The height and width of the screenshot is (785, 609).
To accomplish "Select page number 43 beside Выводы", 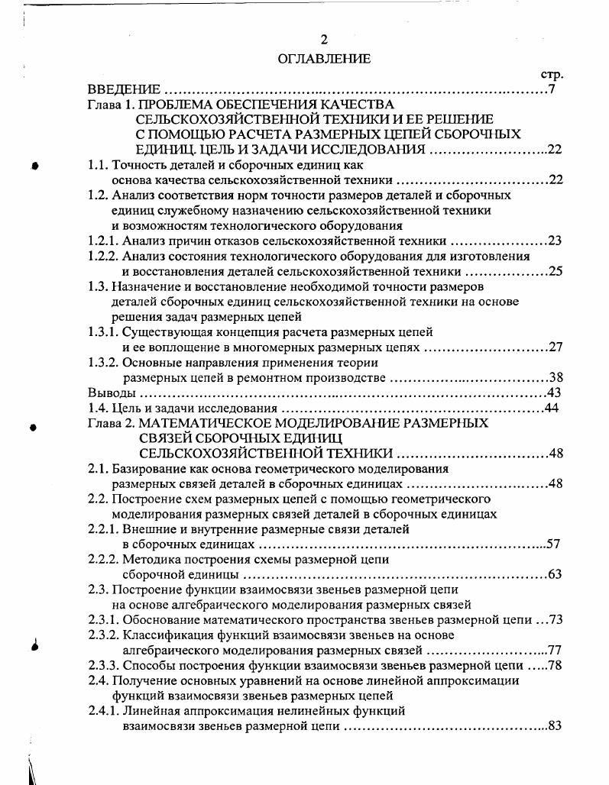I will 554,392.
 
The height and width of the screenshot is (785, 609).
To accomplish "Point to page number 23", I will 555,241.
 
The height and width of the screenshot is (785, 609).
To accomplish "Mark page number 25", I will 555,271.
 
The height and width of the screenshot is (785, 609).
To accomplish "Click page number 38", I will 555,378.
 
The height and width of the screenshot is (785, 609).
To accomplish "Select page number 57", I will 555,544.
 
